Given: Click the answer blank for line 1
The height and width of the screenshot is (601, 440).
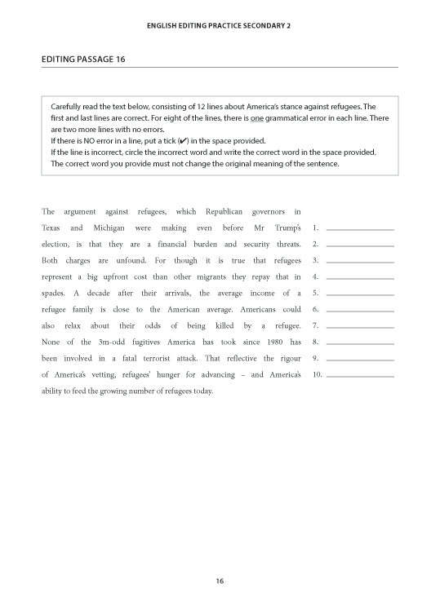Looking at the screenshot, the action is pos(359,228).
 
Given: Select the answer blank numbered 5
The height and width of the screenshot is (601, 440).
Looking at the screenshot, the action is pos(359,293).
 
